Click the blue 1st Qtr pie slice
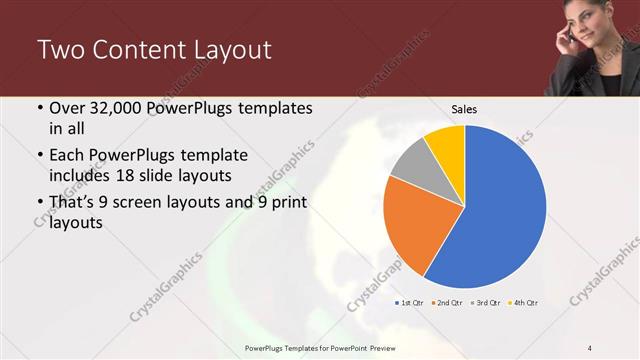tap(500, 210)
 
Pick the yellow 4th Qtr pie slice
tap(446, 146)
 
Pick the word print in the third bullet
tap(288, 204)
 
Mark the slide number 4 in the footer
tap(590, 347)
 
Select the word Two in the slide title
tap(57, 50)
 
